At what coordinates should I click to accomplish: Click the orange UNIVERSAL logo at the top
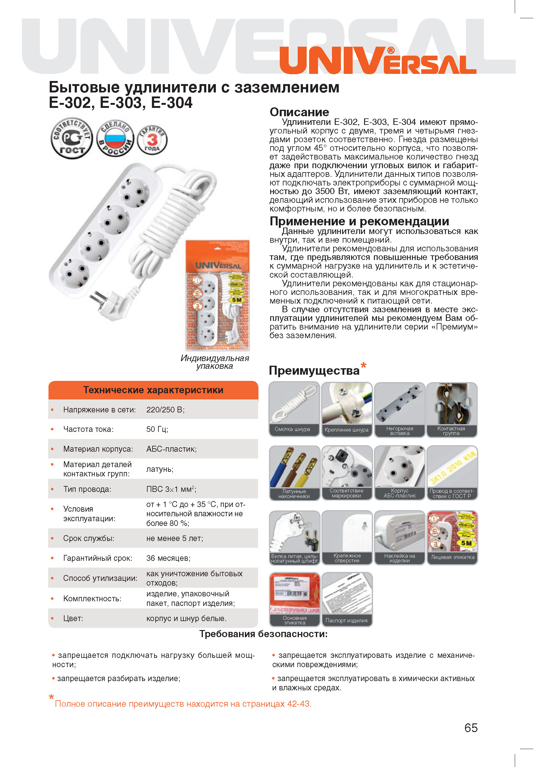click(377, 61)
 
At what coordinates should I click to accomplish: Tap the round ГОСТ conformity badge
click(71, 138)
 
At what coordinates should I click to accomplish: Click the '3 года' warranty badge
click(152, 140)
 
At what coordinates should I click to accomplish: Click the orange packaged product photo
click(217, 295)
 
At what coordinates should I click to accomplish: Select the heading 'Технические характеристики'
click(153, 390)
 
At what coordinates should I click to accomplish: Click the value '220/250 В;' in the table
click(165, 410)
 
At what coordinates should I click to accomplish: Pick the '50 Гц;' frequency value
click(157, 429)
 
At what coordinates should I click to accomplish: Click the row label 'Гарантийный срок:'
click(98, 558)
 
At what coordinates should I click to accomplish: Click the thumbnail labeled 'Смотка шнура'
click(294, 409)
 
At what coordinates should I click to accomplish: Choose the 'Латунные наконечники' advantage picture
click(294, 472)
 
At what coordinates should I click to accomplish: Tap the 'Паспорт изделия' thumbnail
click(347, 599)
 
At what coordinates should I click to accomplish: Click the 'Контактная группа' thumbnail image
click(452, 409)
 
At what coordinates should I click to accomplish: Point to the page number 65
click(471, 727)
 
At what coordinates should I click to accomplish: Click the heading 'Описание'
click(299, 112)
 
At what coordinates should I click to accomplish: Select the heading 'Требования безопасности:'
click(263, 634)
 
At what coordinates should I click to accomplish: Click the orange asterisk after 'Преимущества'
click(363, 365)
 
